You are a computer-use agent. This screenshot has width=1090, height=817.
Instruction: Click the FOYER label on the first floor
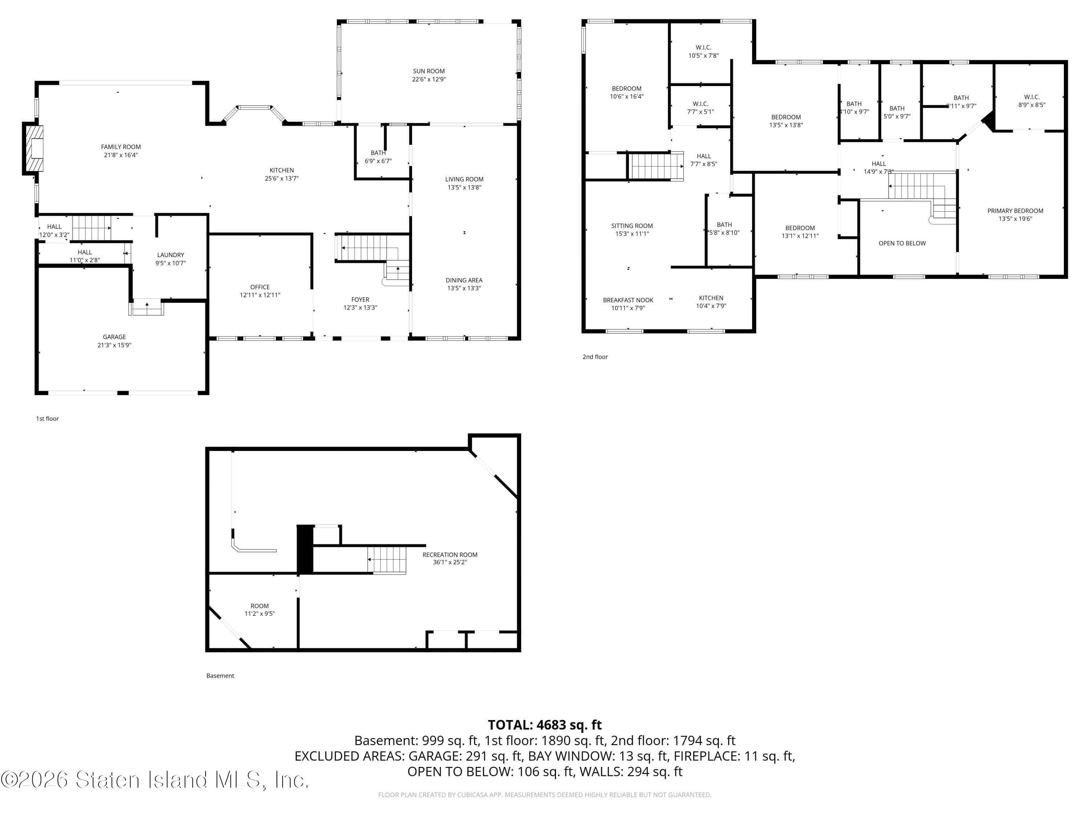[x=360, y=300]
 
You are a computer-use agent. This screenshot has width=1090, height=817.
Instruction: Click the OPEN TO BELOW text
[x=902, y=243]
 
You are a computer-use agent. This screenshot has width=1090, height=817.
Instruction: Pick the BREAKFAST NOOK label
[x=628, y=300]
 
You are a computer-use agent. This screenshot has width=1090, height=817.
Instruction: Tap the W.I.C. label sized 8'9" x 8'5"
[x=1032, y=97]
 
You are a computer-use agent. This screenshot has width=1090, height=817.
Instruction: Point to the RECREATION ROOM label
[x=449, y=554]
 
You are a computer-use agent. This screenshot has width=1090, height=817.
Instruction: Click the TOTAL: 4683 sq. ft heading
[x=545, y=725]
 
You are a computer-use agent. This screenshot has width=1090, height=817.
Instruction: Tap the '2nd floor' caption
[x=595, y=357]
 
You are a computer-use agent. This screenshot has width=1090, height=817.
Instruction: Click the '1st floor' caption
[x=47, y=419]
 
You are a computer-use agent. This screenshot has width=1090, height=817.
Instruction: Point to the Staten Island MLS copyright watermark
[x=155, y=780]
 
